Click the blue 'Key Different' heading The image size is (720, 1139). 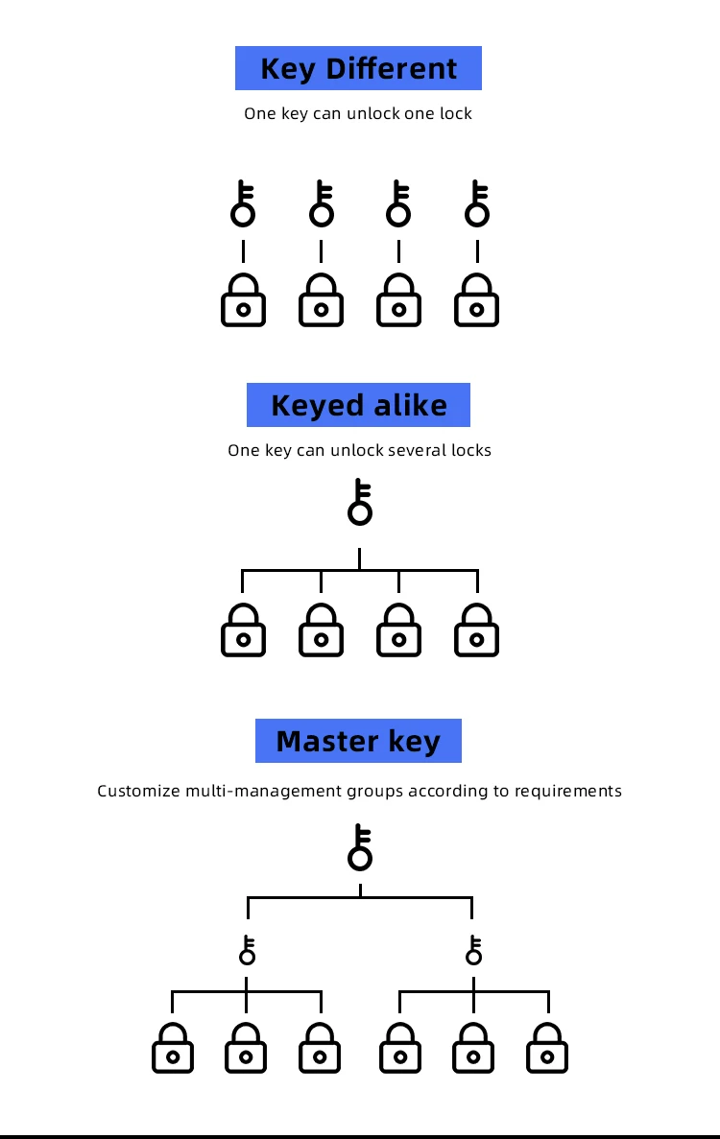point(358,69)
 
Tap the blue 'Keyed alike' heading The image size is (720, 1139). point(358,405)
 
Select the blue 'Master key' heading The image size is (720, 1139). point(358,741)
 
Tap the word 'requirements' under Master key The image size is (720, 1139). point(568,792)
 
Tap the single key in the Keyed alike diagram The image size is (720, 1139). point(360,502)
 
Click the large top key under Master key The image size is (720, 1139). point(360,846)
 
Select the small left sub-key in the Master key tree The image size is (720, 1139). point(248,950)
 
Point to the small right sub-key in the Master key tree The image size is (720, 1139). point(473,950)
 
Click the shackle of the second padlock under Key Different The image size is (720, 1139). point(322,284)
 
